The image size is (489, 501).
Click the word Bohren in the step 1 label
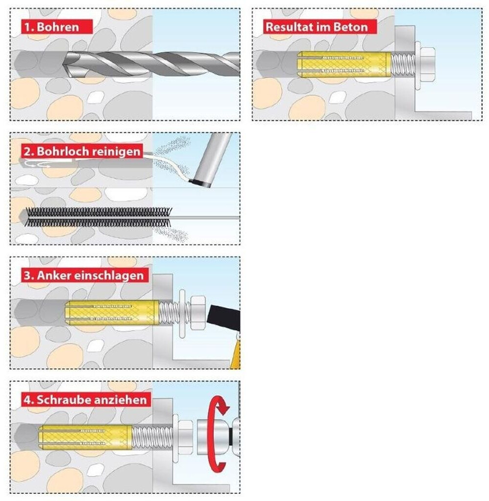(x=58, y=27)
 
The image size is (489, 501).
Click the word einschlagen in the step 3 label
(x=107, y=275)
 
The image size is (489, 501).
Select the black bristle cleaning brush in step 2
(x=98, y=217)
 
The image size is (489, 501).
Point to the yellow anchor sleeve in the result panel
(x=344, y=65)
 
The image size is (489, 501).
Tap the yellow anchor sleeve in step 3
(x=112, y=313)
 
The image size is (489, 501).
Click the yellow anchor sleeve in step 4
(x=85, y=437)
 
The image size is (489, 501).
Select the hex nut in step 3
(x=198, y=313)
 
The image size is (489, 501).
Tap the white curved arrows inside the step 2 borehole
(x=37, y=164)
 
